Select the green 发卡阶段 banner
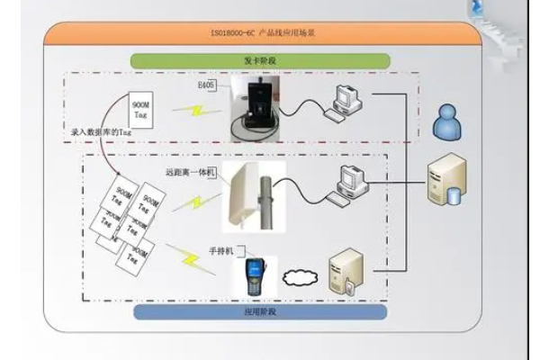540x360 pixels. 259,60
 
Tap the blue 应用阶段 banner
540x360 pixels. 259,311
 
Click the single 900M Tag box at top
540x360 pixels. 138,111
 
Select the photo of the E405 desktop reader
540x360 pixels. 257,109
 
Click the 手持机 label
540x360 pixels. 220,250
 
